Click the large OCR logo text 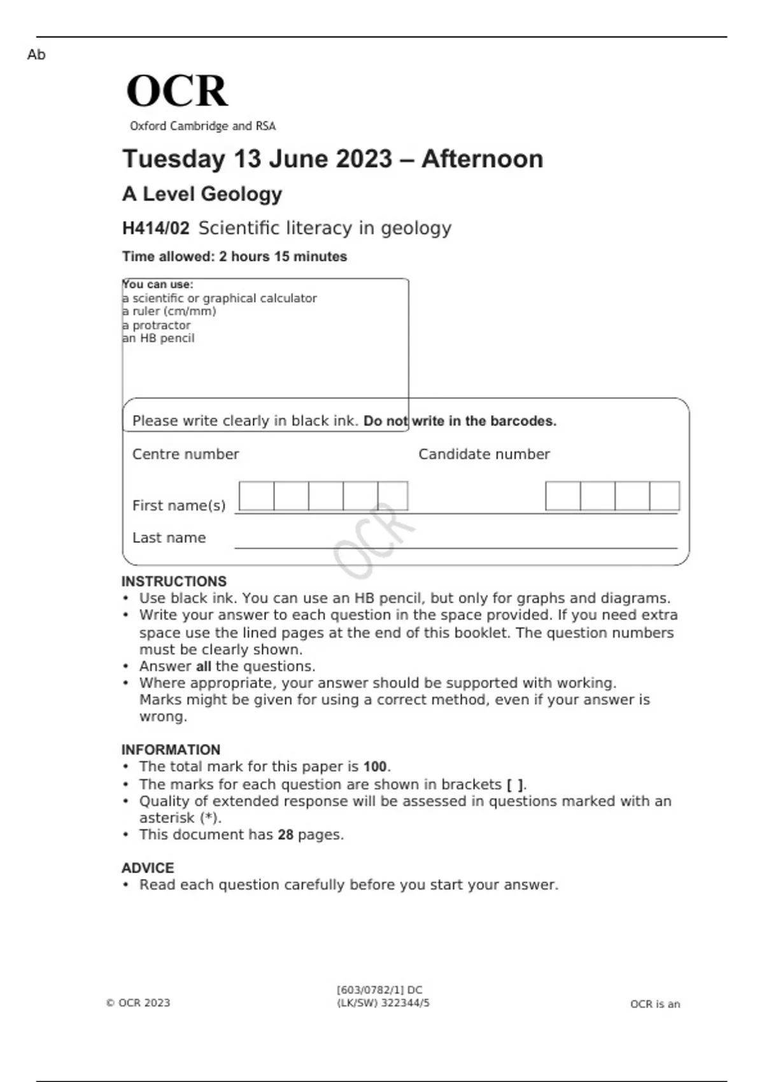177,91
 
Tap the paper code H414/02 156,228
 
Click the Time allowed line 234,256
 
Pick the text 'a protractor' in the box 157,325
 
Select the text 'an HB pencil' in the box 159,339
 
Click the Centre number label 185,454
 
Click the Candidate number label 484,454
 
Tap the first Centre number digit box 257,496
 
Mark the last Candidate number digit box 665,496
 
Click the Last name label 169,538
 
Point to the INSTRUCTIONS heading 174,582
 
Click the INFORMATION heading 171,750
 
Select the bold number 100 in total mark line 376,767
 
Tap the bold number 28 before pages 285,835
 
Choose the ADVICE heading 148,868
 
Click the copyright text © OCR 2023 138,1003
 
